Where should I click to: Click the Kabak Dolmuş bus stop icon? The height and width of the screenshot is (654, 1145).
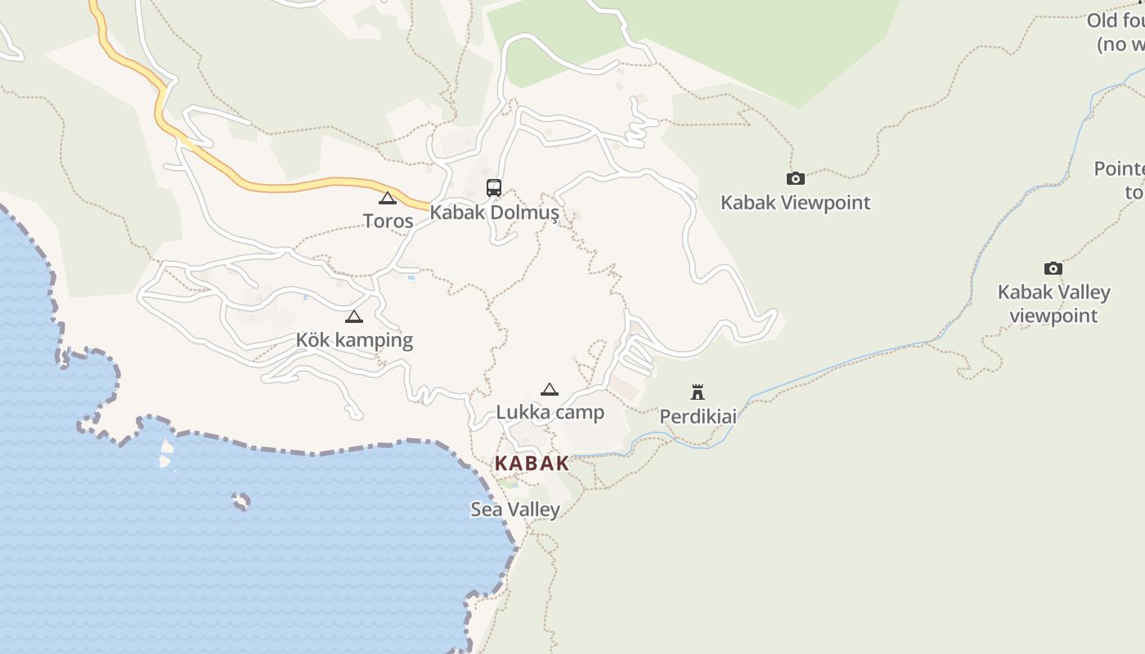(494, 188)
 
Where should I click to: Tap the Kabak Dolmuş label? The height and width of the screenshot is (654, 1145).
(494, 213)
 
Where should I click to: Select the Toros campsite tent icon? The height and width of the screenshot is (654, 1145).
(388, 198)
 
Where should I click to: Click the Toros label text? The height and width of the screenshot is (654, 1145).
(388, 221)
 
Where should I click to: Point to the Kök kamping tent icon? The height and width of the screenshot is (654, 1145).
(354, 317)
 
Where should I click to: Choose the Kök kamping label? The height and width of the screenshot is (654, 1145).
(354, 340)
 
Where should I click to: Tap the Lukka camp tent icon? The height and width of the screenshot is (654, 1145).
(550, 389)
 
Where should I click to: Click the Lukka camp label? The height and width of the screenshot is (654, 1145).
(550, 412)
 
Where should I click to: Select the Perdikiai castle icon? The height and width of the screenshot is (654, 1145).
(698, 392)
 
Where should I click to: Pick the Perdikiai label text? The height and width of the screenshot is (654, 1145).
(698, 417)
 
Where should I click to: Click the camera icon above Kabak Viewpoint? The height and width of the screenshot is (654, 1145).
(795, 178)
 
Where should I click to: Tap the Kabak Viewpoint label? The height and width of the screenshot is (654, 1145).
(795, 203)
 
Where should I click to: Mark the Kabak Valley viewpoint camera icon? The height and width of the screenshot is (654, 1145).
(1053, 268)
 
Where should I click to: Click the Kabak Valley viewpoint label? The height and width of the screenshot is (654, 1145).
(1053, 303)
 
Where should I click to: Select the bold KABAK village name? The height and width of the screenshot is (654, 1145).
(532, 463)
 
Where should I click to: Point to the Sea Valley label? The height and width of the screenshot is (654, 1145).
(515, 509)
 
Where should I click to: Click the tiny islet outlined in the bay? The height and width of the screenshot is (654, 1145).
(240, 501)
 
